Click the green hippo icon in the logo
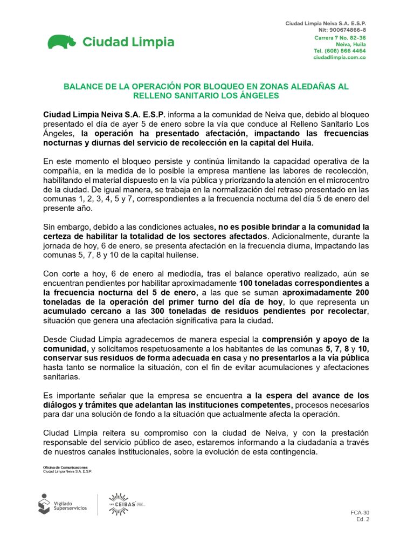coord(61,42)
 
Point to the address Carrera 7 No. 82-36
coord(340,38)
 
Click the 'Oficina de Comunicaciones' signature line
coord(65,467)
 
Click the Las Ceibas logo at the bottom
coord(127,504)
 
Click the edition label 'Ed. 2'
coord(363,519)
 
